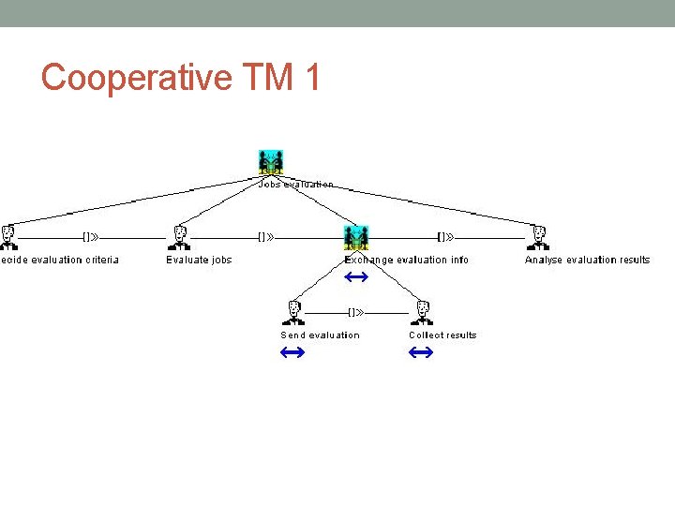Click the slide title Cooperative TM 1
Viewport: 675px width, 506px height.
181,78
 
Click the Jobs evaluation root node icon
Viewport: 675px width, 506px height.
271,161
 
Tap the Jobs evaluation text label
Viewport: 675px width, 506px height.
295,185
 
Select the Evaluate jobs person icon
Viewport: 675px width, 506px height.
181,237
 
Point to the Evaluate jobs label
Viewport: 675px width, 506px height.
199,260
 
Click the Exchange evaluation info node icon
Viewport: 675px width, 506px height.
356,237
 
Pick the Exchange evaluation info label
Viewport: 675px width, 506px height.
406,260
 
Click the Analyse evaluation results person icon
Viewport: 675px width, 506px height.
539,237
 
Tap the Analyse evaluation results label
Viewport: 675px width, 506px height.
587,260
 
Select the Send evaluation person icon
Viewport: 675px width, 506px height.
294,312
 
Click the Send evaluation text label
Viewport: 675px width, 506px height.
320,335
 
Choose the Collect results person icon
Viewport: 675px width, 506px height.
423,312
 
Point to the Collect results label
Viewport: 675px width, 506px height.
442,335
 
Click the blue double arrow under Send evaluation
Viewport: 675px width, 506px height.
292,352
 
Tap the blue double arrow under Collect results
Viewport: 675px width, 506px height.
421,352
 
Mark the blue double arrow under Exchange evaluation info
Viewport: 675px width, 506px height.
355,277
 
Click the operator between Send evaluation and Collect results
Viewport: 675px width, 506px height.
356,312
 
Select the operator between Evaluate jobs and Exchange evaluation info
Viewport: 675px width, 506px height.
265,237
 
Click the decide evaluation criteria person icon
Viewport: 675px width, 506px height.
8,237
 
